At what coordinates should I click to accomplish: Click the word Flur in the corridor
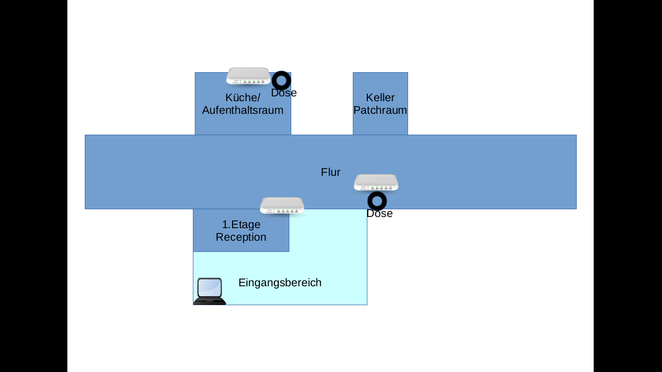(x=331, y=172)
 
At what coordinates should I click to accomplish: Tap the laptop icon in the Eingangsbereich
(x=210, y=291)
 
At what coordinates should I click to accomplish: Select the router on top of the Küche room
(x=248, y=76)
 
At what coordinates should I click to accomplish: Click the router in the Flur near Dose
(x=376, y=183)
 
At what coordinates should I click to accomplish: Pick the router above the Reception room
(x=282, y=205)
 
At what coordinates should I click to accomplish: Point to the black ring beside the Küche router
(x=281, y=80)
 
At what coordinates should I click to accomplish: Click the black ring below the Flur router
(x=377, y=201)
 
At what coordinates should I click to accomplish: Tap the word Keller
(x=380, y=98)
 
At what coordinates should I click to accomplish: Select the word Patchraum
(x=380, y=110)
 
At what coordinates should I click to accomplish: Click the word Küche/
(x=243, y=98)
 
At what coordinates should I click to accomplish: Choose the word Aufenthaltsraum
(x=243, y=110)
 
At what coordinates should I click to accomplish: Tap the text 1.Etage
(x=241, y=225)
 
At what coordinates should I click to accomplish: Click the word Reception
(x=241, y=237)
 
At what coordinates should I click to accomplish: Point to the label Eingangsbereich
(x=280, y=283)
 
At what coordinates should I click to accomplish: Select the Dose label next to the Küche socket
(x=284, y=93)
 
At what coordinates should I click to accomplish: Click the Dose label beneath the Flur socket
(x=379, y=214)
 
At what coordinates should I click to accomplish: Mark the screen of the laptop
(x=210, y=288)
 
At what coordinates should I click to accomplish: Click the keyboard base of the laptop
(x=209, y=301)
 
